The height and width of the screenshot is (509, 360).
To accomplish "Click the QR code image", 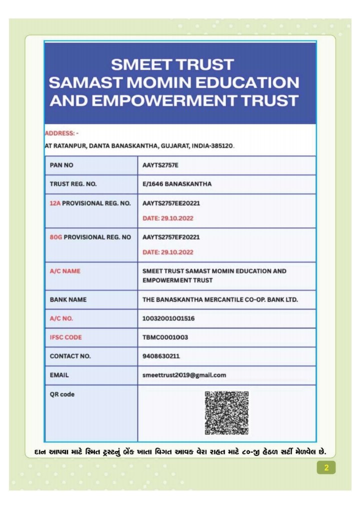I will [x=226, y=413].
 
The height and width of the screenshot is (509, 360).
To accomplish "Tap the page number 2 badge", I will [x=326, y=468].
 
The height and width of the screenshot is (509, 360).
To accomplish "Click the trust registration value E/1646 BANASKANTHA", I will [x=176, y=184].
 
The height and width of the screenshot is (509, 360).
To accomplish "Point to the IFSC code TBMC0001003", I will [x=165, y=337].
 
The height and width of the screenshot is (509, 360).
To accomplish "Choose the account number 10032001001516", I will [x=168, y=318].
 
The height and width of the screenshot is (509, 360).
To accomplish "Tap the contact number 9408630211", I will [x=161, y=356].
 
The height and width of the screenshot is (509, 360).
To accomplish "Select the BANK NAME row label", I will [x=68, y=299].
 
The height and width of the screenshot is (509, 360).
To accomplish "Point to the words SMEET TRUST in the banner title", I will [x=172, y=64].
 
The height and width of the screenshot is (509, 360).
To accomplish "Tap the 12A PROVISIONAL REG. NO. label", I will [x=90, y=203].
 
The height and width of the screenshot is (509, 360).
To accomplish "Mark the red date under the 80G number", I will [x=168, y=252].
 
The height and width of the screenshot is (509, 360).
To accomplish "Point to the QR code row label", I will [x=62, y=394].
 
